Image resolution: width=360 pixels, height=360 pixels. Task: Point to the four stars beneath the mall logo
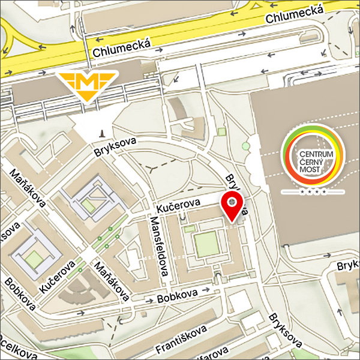[313, 192]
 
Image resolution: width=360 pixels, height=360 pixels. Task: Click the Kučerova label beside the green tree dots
[58, 275]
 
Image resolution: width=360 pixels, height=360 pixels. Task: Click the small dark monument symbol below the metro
[102, 133]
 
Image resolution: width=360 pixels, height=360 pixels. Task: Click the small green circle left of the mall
[245, 145]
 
